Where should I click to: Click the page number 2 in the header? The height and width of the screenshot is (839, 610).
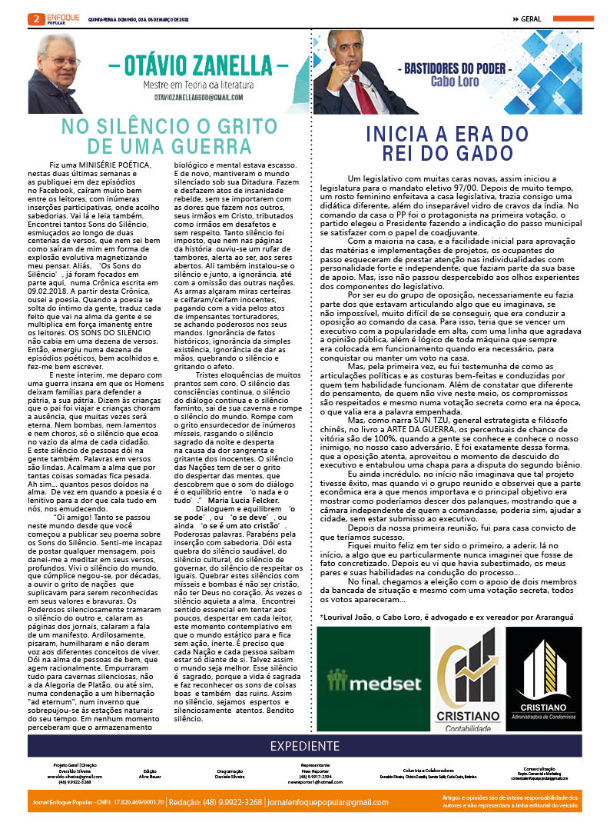[x=34, y=18]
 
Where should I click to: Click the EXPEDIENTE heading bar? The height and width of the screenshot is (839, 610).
[x=304, y=746]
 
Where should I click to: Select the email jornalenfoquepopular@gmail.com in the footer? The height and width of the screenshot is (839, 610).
[x=353, y=802]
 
